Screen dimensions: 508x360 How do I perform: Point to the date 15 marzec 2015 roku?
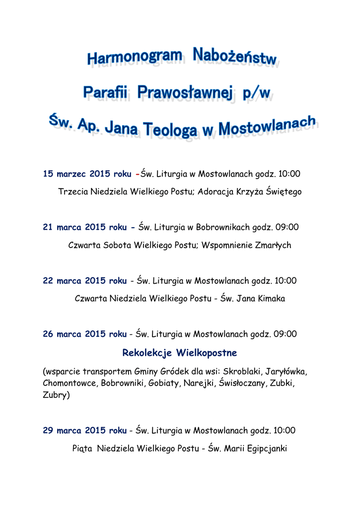click(x=87, y=174)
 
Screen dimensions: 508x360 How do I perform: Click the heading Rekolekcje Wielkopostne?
click(x=180, y=353)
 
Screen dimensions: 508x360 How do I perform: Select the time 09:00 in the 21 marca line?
click(x=288, y=227)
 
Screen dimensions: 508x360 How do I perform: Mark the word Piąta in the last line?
click(x=82, y=448)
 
